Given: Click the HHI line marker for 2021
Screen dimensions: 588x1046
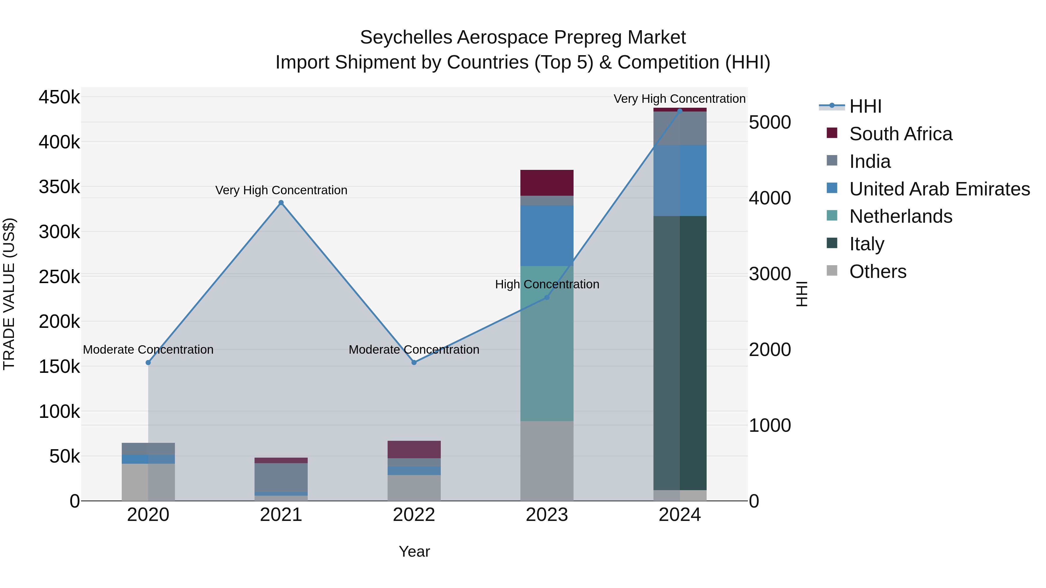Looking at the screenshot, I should tap(281, 203).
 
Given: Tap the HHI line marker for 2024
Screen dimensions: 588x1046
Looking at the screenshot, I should tap(680, 111).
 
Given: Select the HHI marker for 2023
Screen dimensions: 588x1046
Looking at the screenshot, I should tap(547, 297).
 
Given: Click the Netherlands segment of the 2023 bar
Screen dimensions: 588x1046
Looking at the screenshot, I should tap(547, 343).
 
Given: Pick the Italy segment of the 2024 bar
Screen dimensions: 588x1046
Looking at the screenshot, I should tap(680, 353).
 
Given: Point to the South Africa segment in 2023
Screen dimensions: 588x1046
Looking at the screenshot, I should tap(547, 183).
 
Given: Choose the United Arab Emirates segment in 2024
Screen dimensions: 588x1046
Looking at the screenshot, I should tap(680, 181).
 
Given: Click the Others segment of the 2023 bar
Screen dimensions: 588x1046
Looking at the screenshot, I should tap(547, 461).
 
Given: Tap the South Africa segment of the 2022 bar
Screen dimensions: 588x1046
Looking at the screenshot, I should tap(414, 449).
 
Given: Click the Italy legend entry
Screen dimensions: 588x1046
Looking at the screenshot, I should tap(866, 244).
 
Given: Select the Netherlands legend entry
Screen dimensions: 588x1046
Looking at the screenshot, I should tap(901, 216).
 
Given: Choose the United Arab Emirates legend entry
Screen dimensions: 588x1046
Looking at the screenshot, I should tap(939, 189).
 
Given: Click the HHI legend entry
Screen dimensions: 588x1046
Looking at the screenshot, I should tap(865, 106).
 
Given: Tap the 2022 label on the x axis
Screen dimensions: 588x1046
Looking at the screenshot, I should tap(414, 515).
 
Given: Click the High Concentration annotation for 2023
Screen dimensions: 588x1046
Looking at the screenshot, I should tap(547, 285).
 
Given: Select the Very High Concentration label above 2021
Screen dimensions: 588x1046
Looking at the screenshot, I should tap(281, 190).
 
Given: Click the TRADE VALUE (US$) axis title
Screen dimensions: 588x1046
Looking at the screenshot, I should tap(9, 294).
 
